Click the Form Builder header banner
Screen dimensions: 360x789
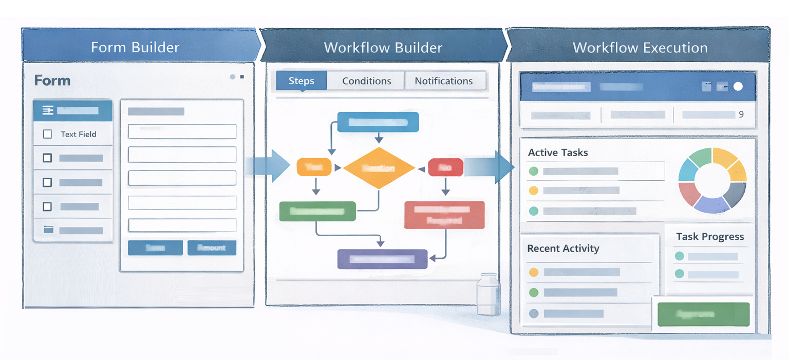click(x=135, y=48)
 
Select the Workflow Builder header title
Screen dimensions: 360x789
click(x=383, y=48)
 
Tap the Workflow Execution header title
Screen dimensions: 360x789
click(x=640, y=48)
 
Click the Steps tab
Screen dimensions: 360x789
click(x=301, y=81)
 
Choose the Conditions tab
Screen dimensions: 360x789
click(x=366, y=81)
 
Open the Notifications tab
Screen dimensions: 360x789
click(x=443, y=81)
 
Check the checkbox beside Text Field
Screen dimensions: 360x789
click(x=48, y=134)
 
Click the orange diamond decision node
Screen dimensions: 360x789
click(x=379, y=168)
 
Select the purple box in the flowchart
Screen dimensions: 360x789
click(x=382, y=259)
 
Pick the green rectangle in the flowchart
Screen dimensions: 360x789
click(x=317, y=211)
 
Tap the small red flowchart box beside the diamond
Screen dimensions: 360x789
click(x=445, y=167)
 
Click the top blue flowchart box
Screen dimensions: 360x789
click(x=378, y=122)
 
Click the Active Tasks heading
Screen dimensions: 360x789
click(x=558, y=153)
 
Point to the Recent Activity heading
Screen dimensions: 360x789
click(x=563, y=249)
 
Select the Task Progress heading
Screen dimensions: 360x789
click(x=710, y=237)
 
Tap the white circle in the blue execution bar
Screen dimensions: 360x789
click(x=738, y=86)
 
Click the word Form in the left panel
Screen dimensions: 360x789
click(x=52, y=81)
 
